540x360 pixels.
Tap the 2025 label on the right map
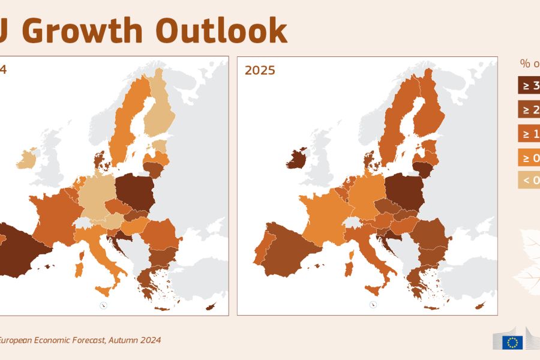coord(260,70)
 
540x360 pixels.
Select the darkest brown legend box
coord(529,85)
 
